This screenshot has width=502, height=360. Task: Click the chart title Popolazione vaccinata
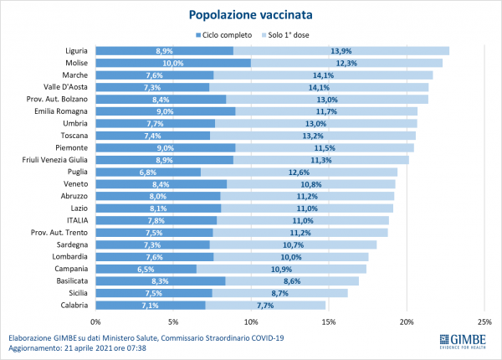click(251, 14)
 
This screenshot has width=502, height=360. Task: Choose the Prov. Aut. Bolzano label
click(52, 99)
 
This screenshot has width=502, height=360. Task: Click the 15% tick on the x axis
click(329, 321)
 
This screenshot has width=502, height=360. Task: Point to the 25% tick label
click(484, 321)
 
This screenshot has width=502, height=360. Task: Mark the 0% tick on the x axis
click(95, 321)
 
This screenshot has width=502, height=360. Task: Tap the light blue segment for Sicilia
click(279, 293)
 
